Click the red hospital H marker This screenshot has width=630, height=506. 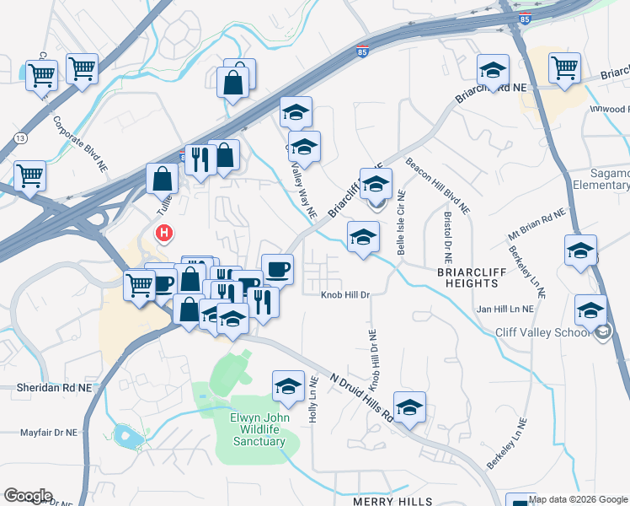(x=164, y=231)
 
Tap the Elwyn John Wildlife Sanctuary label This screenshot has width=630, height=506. (x=260, y=429)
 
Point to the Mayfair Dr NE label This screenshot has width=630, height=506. (x=49, y=433)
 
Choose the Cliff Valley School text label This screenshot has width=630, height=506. (x=543, y=332)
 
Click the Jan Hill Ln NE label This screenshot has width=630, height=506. (x=505, y=309)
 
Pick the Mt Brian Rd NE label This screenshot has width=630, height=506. (x=537, y=225)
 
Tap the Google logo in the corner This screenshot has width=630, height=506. (x=28, y=496)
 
